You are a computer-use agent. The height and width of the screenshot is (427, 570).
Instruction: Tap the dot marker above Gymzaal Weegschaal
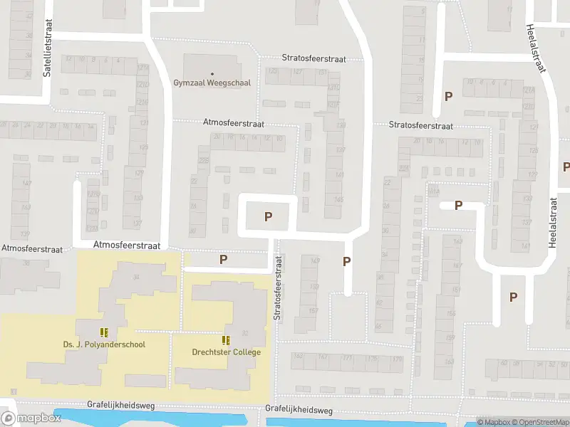point(212,73)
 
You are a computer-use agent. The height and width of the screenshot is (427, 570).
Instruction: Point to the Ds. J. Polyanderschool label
point(104,345)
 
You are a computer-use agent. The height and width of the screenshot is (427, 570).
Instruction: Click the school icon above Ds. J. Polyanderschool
point(105,332)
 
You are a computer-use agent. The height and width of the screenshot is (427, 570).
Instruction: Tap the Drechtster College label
point(227,352)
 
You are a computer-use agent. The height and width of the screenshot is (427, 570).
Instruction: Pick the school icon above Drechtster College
point(227,340)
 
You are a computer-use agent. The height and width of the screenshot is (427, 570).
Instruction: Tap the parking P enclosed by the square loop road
point(268,217)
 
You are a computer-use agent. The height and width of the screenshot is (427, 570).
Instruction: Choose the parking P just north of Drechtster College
point(223,260)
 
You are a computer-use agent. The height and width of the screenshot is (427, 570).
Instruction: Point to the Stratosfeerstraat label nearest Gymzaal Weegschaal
point(313,59)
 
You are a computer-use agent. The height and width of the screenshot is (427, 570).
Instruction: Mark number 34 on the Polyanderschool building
point(136,277)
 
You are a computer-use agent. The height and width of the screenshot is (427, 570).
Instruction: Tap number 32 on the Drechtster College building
point(244,333)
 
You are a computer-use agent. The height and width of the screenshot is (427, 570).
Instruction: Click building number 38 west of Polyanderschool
point(26,263)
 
